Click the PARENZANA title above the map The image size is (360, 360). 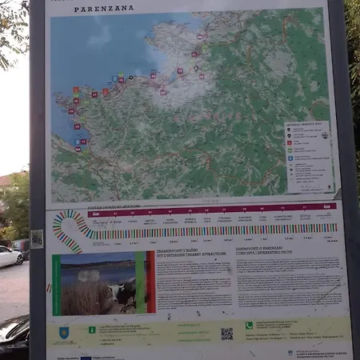pyautogui.click(x=104, y=10)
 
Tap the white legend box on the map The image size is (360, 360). pyautogui.click(x=308, y=156)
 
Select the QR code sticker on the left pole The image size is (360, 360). pyautogui.click(x=37, y=238)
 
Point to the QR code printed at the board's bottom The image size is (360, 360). pyautogui.click(x=227, y=333)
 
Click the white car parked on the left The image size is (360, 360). pyautogui.click(x=10, y=256)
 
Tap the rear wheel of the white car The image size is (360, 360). pyautogui.click(x=18, y=261)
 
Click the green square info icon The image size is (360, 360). pyautogui.click(x=92, y=329)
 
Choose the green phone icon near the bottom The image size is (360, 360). pyautogui.click(x=249, y=326)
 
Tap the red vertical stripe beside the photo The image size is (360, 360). pyautogui.click(x=150, y=282)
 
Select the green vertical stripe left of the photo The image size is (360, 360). pyautogui.click(x=56, y=285)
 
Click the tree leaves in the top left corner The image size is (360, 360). pyautogui.click(x=12, y=28)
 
